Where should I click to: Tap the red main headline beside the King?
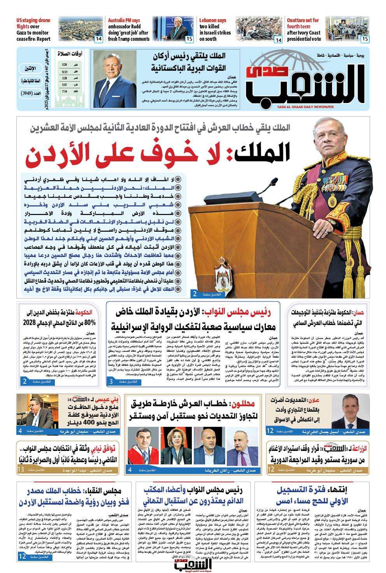pos(160,155)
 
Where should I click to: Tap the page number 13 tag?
pos(21,470)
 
